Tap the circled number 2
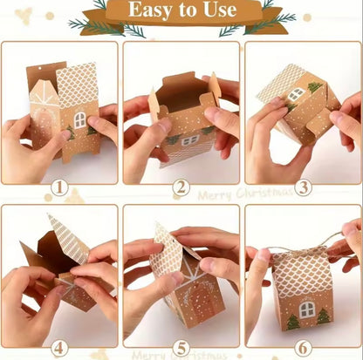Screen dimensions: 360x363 pos(181,187)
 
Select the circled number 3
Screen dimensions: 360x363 pos(303,186)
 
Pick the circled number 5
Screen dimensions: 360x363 pos(181,347)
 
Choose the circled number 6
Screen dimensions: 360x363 pos(303,347)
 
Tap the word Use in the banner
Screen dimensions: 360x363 pos(217,10)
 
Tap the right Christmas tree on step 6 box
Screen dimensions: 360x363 pos(323,315)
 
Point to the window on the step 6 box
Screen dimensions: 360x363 pos(307,309)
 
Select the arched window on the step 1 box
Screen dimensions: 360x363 pos(79,119)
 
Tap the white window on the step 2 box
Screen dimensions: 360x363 pos(188,140)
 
